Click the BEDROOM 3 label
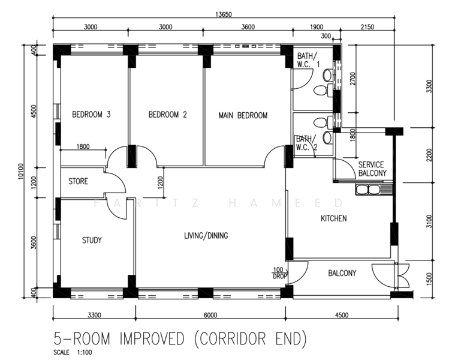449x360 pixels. (x=91, y=115)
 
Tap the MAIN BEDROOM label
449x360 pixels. (x=243, y=116)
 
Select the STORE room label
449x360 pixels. (x=78, y=181)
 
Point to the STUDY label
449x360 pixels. (x=92, y=240)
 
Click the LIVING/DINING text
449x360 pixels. (x=206, y=236)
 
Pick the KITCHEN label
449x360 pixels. (x=333, y=218)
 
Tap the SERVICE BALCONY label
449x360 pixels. (x=372, y=169)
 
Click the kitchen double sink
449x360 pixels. (x=367, y=190)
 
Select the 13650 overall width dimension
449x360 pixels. (x=224, y=14)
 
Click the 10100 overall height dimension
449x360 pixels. (x=21, y=171)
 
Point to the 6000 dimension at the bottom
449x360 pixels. (x=210, y=315)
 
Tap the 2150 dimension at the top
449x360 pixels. (x=367, y=27)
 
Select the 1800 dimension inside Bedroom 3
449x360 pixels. (x=83, y=146)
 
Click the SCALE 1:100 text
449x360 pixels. (x=73, y=352)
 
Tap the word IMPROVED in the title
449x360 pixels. (x=152, y=338)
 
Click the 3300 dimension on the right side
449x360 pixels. (x=429, y=86)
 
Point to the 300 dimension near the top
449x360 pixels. (x=326, y=36)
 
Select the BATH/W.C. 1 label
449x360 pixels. (x=308, y=59)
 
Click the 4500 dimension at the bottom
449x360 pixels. (x=342, y=315)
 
